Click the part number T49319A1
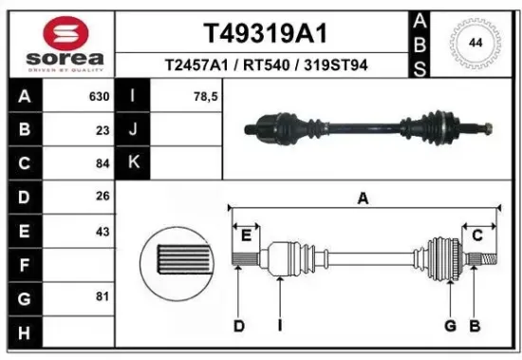click(265, 33)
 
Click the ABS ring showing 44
click(475, 44)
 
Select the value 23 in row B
click(103, 130)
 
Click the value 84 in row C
click(103, 162)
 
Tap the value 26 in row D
click(103, 197)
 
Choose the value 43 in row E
click(103, 231)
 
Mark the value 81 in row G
click(103, 298)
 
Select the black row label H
click(23, 332)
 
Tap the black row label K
click(133, 162)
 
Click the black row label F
click(23, 265)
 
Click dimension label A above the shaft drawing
click(362, 199)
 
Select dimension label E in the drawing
click(246, 235)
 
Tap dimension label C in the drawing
click(477, 235)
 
